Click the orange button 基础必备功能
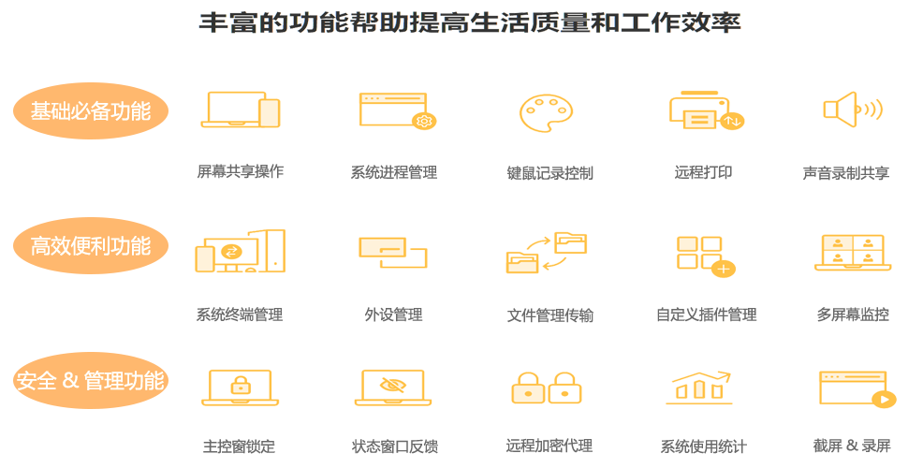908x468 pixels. pos(91,111)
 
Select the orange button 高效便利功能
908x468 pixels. pos(91,246)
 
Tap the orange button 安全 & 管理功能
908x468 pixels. pos(91,381)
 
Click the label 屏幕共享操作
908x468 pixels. pos(240,171)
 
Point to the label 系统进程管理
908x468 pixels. pos(393,172)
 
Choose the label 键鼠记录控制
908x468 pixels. pos(549,173)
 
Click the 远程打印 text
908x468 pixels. pos(703,172)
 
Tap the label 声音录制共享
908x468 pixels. pos(845,173)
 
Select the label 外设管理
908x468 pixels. pos(393,314)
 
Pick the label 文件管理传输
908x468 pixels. pos(549,314)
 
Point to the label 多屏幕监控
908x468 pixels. pos(852,314)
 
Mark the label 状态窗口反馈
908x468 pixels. pos(394,446)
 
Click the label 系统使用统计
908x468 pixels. pos(703,446)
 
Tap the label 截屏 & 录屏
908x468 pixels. pos(852,445)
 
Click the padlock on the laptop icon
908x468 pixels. pos(241,384)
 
